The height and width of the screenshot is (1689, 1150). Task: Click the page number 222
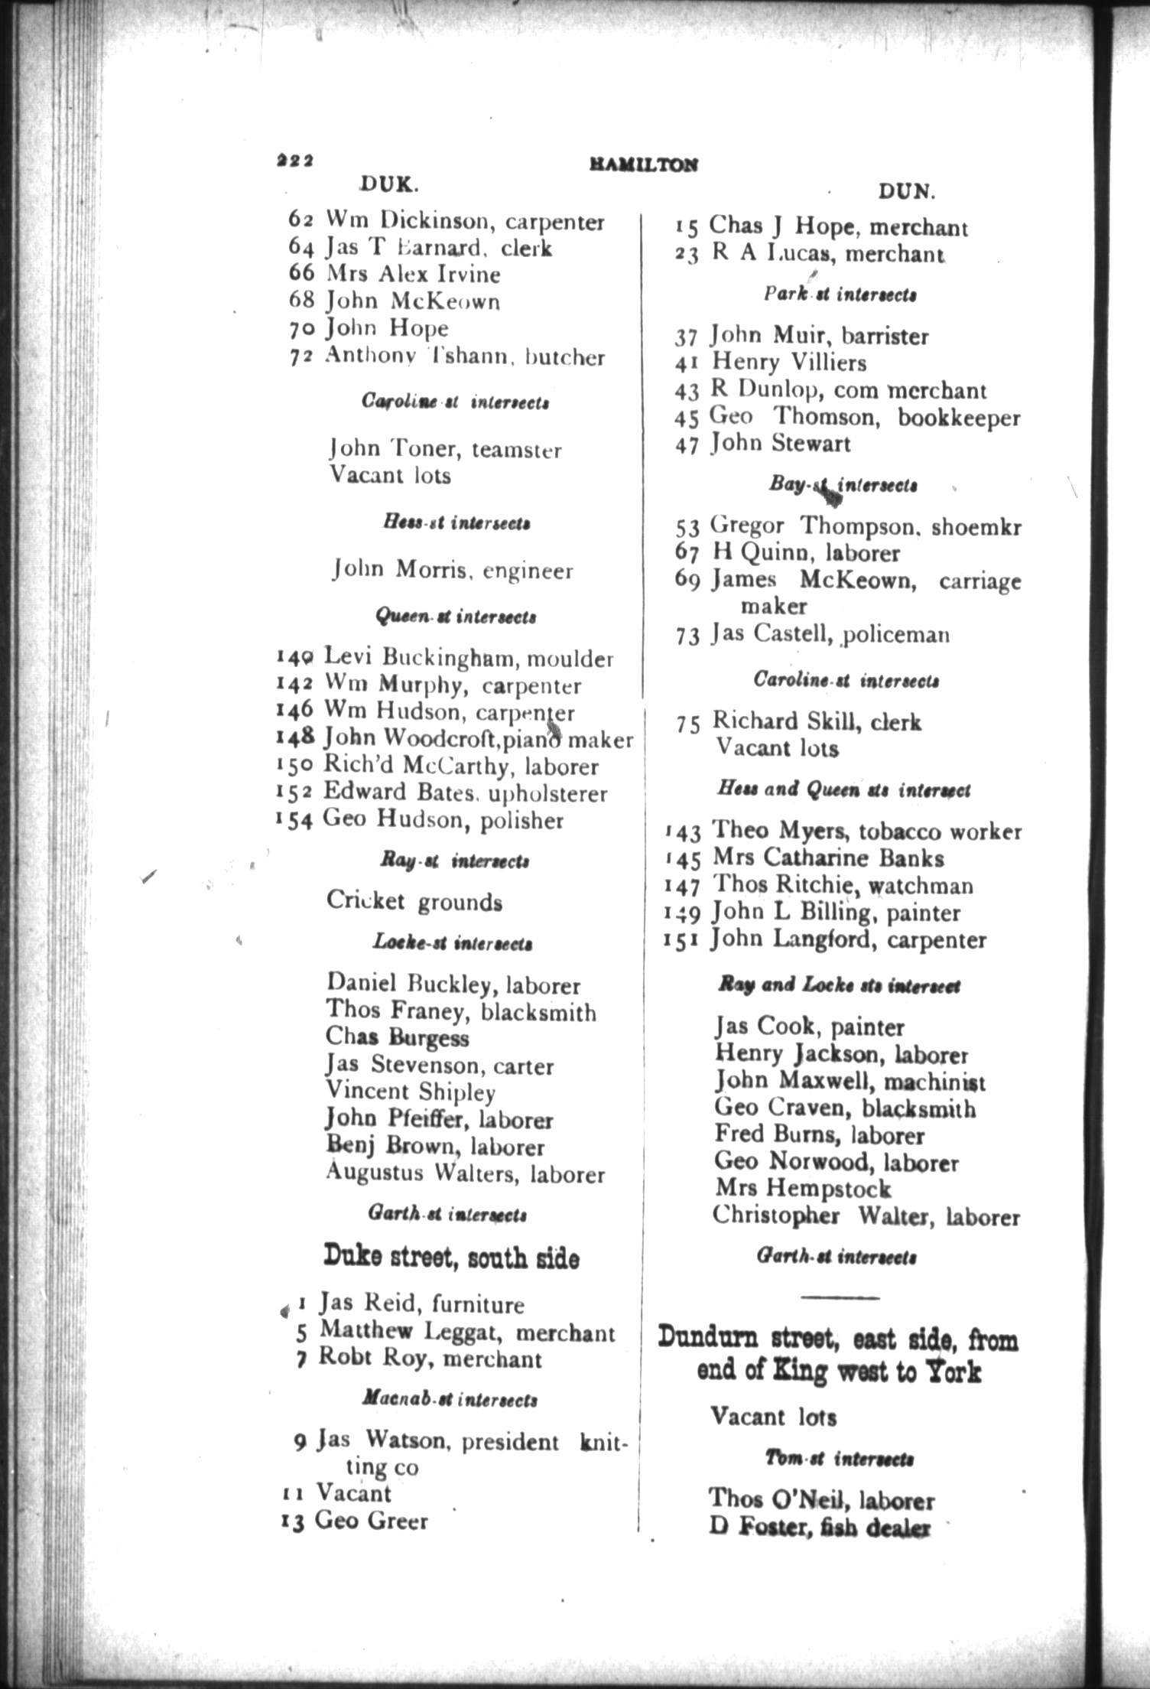[x=294, y=161]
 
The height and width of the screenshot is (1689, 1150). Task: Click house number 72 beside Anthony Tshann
[x=299, y=357]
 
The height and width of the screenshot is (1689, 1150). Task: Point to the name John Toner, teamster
[x=445, y=449]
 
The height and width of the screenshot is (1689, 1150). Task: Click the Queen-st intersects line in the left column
[x=455, y=616]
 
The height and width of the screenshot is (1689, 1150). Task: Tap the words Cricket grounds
[x=414, y=901]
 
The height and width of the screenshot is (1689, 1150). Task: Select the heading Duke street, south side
[x=451, y=1257]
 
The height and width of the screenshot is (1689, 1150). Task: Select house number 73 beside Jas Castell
[x=687, y=636]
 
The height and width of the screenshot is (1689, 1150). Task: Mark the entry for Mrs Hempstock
[x=803, y=1189]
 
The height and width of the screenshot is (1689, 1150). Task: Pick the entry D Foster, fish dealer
[x=819, y=1528]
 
